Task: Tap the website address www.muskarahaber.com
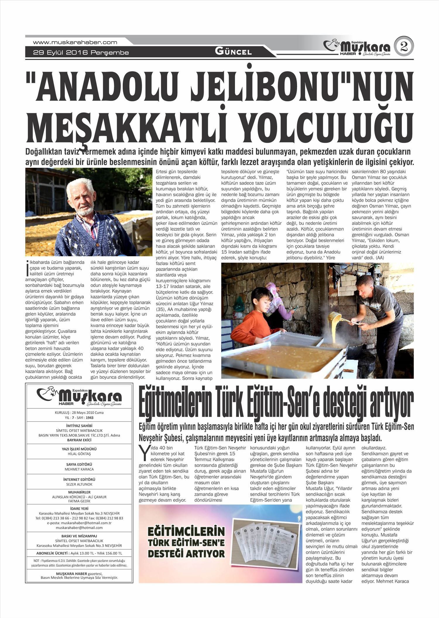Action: pyautogui.click(x=75, y=42)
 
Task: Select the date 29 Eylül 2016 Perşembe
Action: pyautogui.click(x=81, y=53)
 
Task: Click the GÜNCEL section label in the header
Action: pyautogui.click(x=233, y=52)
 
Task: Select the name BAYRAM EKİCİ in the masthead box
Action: pyautogui.click(x=79, y=440)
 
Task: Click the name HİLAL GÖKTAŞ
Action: pyautogui.click(x=79, y=454)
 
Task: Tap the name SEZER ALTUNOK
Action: pyautogui.click(x=79, y=484)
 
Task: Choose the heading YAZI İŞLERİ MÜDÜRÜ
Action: pyautogui.click(x=79, y=449)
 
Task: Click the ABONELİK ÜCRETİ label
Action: pyautogui.click(x=53, y=553)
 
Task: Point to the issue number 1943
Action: pyautogui.click(x=90, y=417)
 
